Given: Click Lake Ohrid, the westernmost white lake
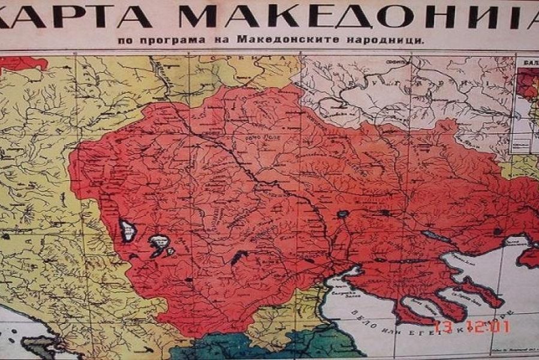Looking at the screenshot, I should click(x=128, y=230).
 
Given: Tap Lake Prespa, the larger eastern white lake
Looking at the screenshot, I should click(x=159, y=244).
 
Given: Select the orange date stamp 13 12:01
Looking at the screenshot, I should click(x=471, y=327).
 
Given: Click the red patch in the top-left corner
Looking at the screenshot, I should click(x=24, y=62).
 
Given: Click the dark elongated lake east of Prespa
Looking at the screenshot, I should click(x=239, y=257).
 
